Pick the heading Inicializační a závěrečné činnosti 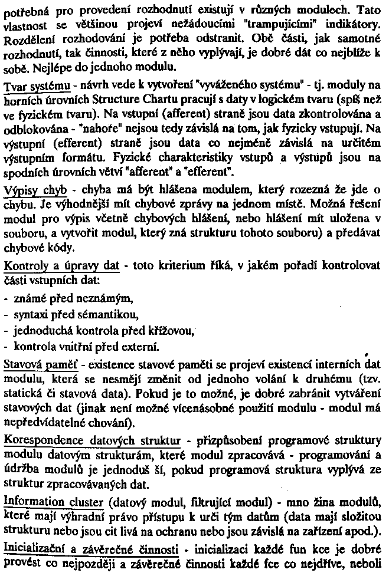point(91,548)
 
